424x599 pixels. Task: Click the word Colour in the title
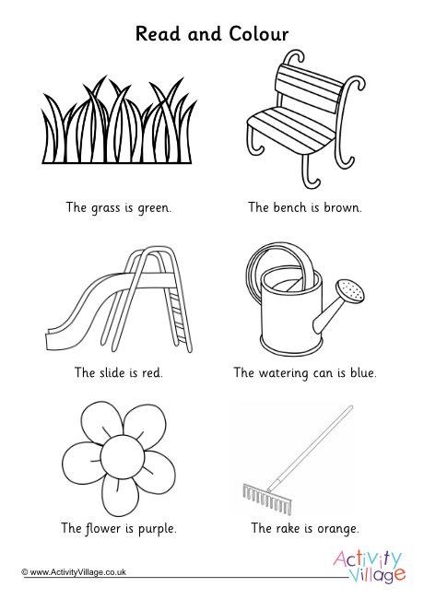[x=259, y=33]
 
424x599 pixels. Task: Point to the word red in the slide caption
[x=152, y=372]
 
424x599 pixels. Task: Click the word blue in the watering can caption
[x=363, y=372]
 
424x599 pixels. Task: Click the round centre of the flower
[x=123, y=456]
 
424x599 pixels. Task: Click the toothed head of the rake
[x=267, y=499]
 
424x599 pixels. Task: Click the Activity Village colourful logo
[x=369, y=567]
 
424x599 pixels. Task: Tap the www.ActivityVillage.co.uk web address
[x=78, y=572]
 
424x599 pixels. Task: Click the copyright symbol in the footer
[x=25, y=572]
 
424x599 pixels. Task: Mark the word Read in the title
[x=158, y=33]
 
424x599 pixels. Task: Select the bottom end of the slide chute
[x=51, y=340]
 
